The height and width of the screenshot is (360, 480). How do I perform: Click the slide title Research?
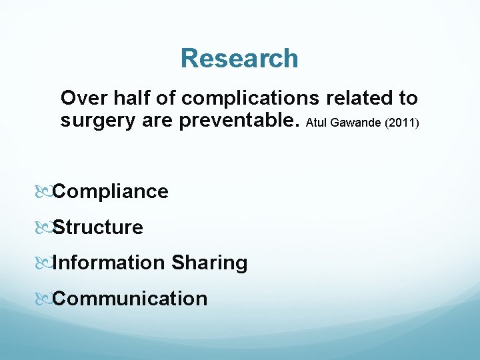click(x=239, y=59)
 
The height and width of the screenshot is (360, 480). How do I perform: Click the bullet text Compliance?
click(x=111, y=192)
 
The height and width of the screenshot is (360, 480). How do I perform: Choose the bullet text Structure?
click(x=98, y=227)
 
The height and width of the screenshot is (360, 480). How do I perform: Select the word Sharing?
click(x=209, y=263)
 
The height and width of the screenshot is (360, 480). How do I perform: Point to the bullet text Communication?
click(x=130, y=298)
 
